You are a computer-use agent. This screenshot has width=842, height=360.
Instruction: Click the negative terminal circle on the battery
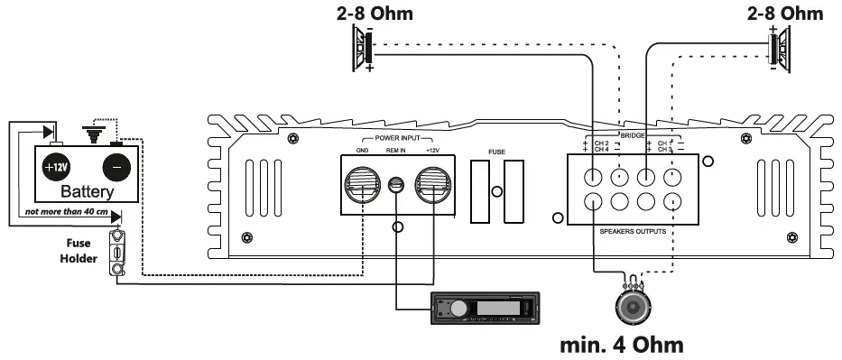click(x=115, y=168)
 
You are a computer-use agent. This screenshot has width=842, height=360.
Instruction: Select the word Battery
click(x=87, y=193)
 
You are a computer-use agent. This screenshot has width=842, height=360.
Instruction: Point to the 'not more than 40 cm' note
click(x=67, y=212)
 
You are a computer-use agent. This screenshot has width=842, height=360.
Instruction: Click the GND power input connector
click(x=362, y=185)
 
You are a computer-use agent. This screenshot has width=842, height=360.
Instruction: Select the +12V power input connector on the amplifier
click(x=432, y=185)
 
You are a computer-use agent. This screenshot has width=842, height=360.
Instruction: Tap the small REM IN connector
click(x=396, y=186)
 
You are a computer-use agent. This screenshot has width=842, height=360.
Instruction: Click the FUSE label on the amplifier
click(x=496, y=152)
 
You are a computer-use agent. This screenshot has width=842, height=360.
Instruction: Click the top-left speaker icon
click(x=365, y=50)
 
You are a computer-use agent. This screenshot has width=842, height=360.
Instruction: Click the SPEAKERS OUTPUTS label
click(x=632, y=232)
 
